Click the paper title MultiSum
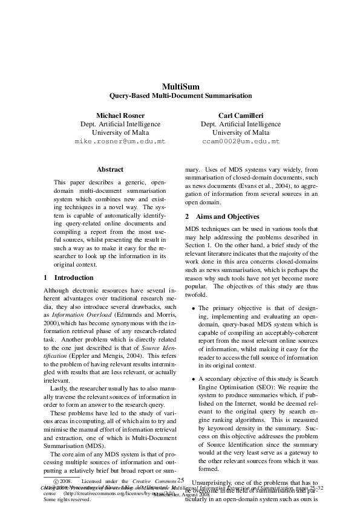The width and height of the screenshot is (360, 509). pyautogui.click(x=180, y=86)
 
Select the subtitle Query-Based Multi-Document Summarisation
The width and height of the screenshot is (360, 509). pyautogui.click(x=180, y=96)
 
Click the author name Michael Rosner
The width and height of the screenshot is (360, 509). pyautogui.click(x=120, y=115)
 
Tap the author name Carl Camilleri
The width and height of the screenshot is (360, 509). pyautogui.click(x=241, y=115)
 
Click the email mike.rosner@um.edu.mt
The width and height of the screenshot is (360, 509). pyautogui.click(x=120, y=141)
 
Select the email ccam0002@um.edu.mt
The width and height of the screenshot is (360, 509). pyautogui.click(x=241, y=141)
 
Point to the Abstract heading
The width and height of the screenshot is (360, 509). pyautogui.click(x=110, y=170)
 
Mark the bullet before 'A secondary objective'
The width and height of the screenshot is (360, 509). pyautogui.click(x=193, y=379)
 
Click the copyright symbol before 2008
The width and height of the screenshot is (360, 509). pyautogui.click(x=56, y=482)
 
